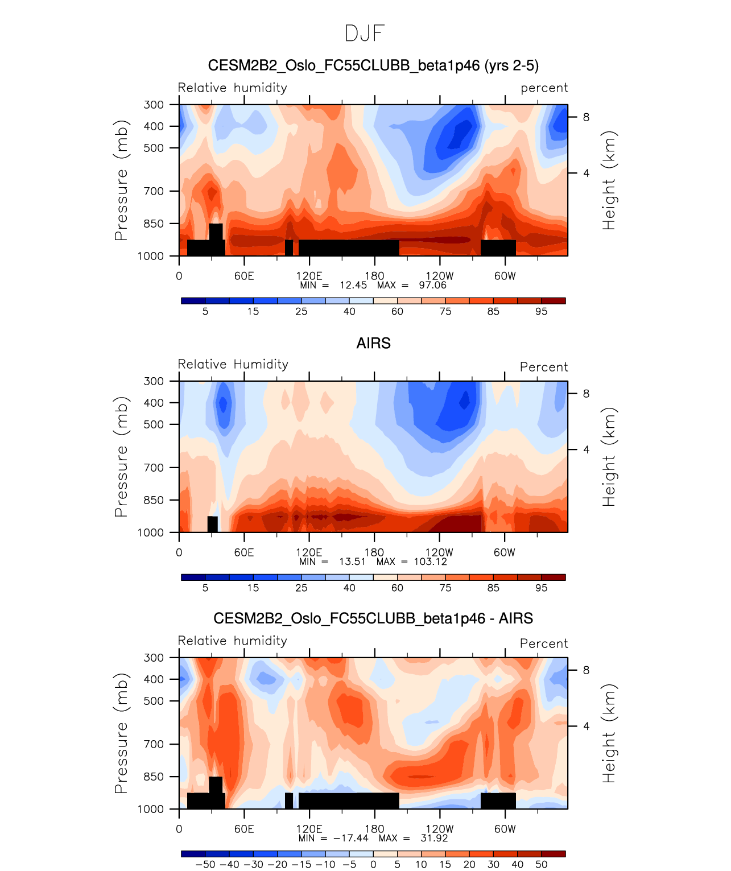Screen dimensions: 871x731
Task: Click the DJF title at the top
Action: [x=365, y=34]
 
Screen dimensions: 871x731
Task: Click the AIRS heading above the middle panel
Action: [x=373, y=344]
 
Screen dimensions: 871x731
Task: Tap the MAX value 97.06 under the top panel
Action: [x=432, y=285]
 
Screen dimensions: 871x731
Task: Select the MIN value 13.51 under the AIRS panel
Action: [x=352, y=562]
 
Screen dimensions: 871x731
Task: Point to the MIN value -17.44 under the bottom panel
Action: [x=350, y=838]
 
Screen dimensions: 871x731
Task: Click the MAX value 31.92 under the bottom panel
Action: [x=433, y=838]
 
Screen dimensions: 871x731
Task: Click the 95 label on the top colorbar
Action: [x=541, y=311]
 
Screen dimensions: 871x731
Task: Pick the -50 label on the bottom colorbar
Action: [x=205, y=864]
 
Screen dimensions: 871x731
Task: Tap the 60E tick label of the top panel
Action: [x=244, y=276]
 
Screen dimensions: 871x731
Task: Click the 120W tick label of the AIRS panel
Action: [x=439, y=552]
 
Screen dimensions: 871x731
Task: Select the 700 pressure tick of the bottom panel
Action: [x=154, y=744]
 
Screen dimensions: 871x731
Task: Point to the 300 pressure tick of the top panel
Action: [x=154, y=105]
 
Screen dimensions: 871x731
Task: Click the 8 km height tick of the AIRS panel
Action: [x=586, y=394]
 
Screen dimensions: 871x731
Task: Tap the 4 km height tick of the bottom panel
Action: [x=586, y=726]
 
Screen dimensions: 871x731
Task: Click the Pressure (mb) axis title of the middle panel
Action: [x=121, y=457]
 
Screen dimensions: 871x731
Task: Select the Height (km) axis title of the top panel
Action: [x=609, y=180]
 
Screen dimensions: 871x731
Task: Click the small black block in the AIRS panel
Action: [x=212, y=524]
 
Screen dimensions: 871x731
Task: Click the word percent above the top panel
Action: [x=544, y=88]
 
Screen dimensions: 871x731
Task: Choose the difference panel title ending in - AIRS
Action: [x=373, y=618]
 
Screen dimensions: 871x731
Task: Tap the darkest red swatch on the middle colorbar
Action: [x=553, y=577]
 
